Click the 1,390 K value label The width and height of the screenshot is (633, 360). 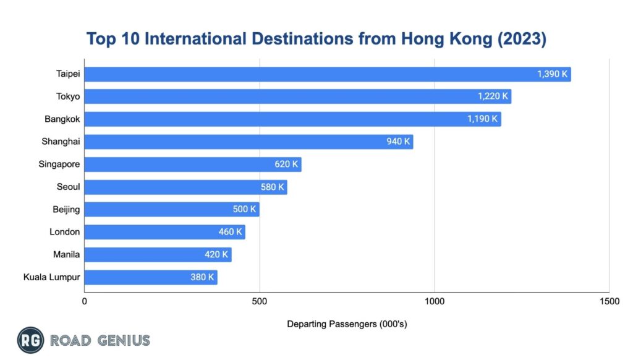point(552,74)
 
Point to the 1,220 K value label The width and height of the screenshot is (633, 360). point(493,96)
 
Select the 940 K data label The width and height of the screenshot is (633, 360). point(398,142)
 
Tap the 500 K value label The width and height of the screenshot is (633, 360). point(244,209)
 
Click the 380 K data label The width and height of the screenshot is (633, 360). point(202,277)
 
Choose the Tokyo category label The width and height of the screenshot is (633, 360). point(68,96)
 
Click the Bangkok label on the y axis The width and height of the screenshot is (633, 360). point(64,119)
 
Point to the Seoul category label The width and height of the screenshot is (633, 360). point(68,187)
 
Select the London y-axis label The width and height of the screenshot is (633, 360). point(65,232)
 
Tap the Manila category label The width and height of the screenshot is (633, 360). point(67,254)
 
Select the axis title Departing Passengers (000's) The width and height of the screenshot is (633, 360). point(347,324)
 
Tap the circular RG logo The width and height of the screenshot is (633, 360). point(30,340)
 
